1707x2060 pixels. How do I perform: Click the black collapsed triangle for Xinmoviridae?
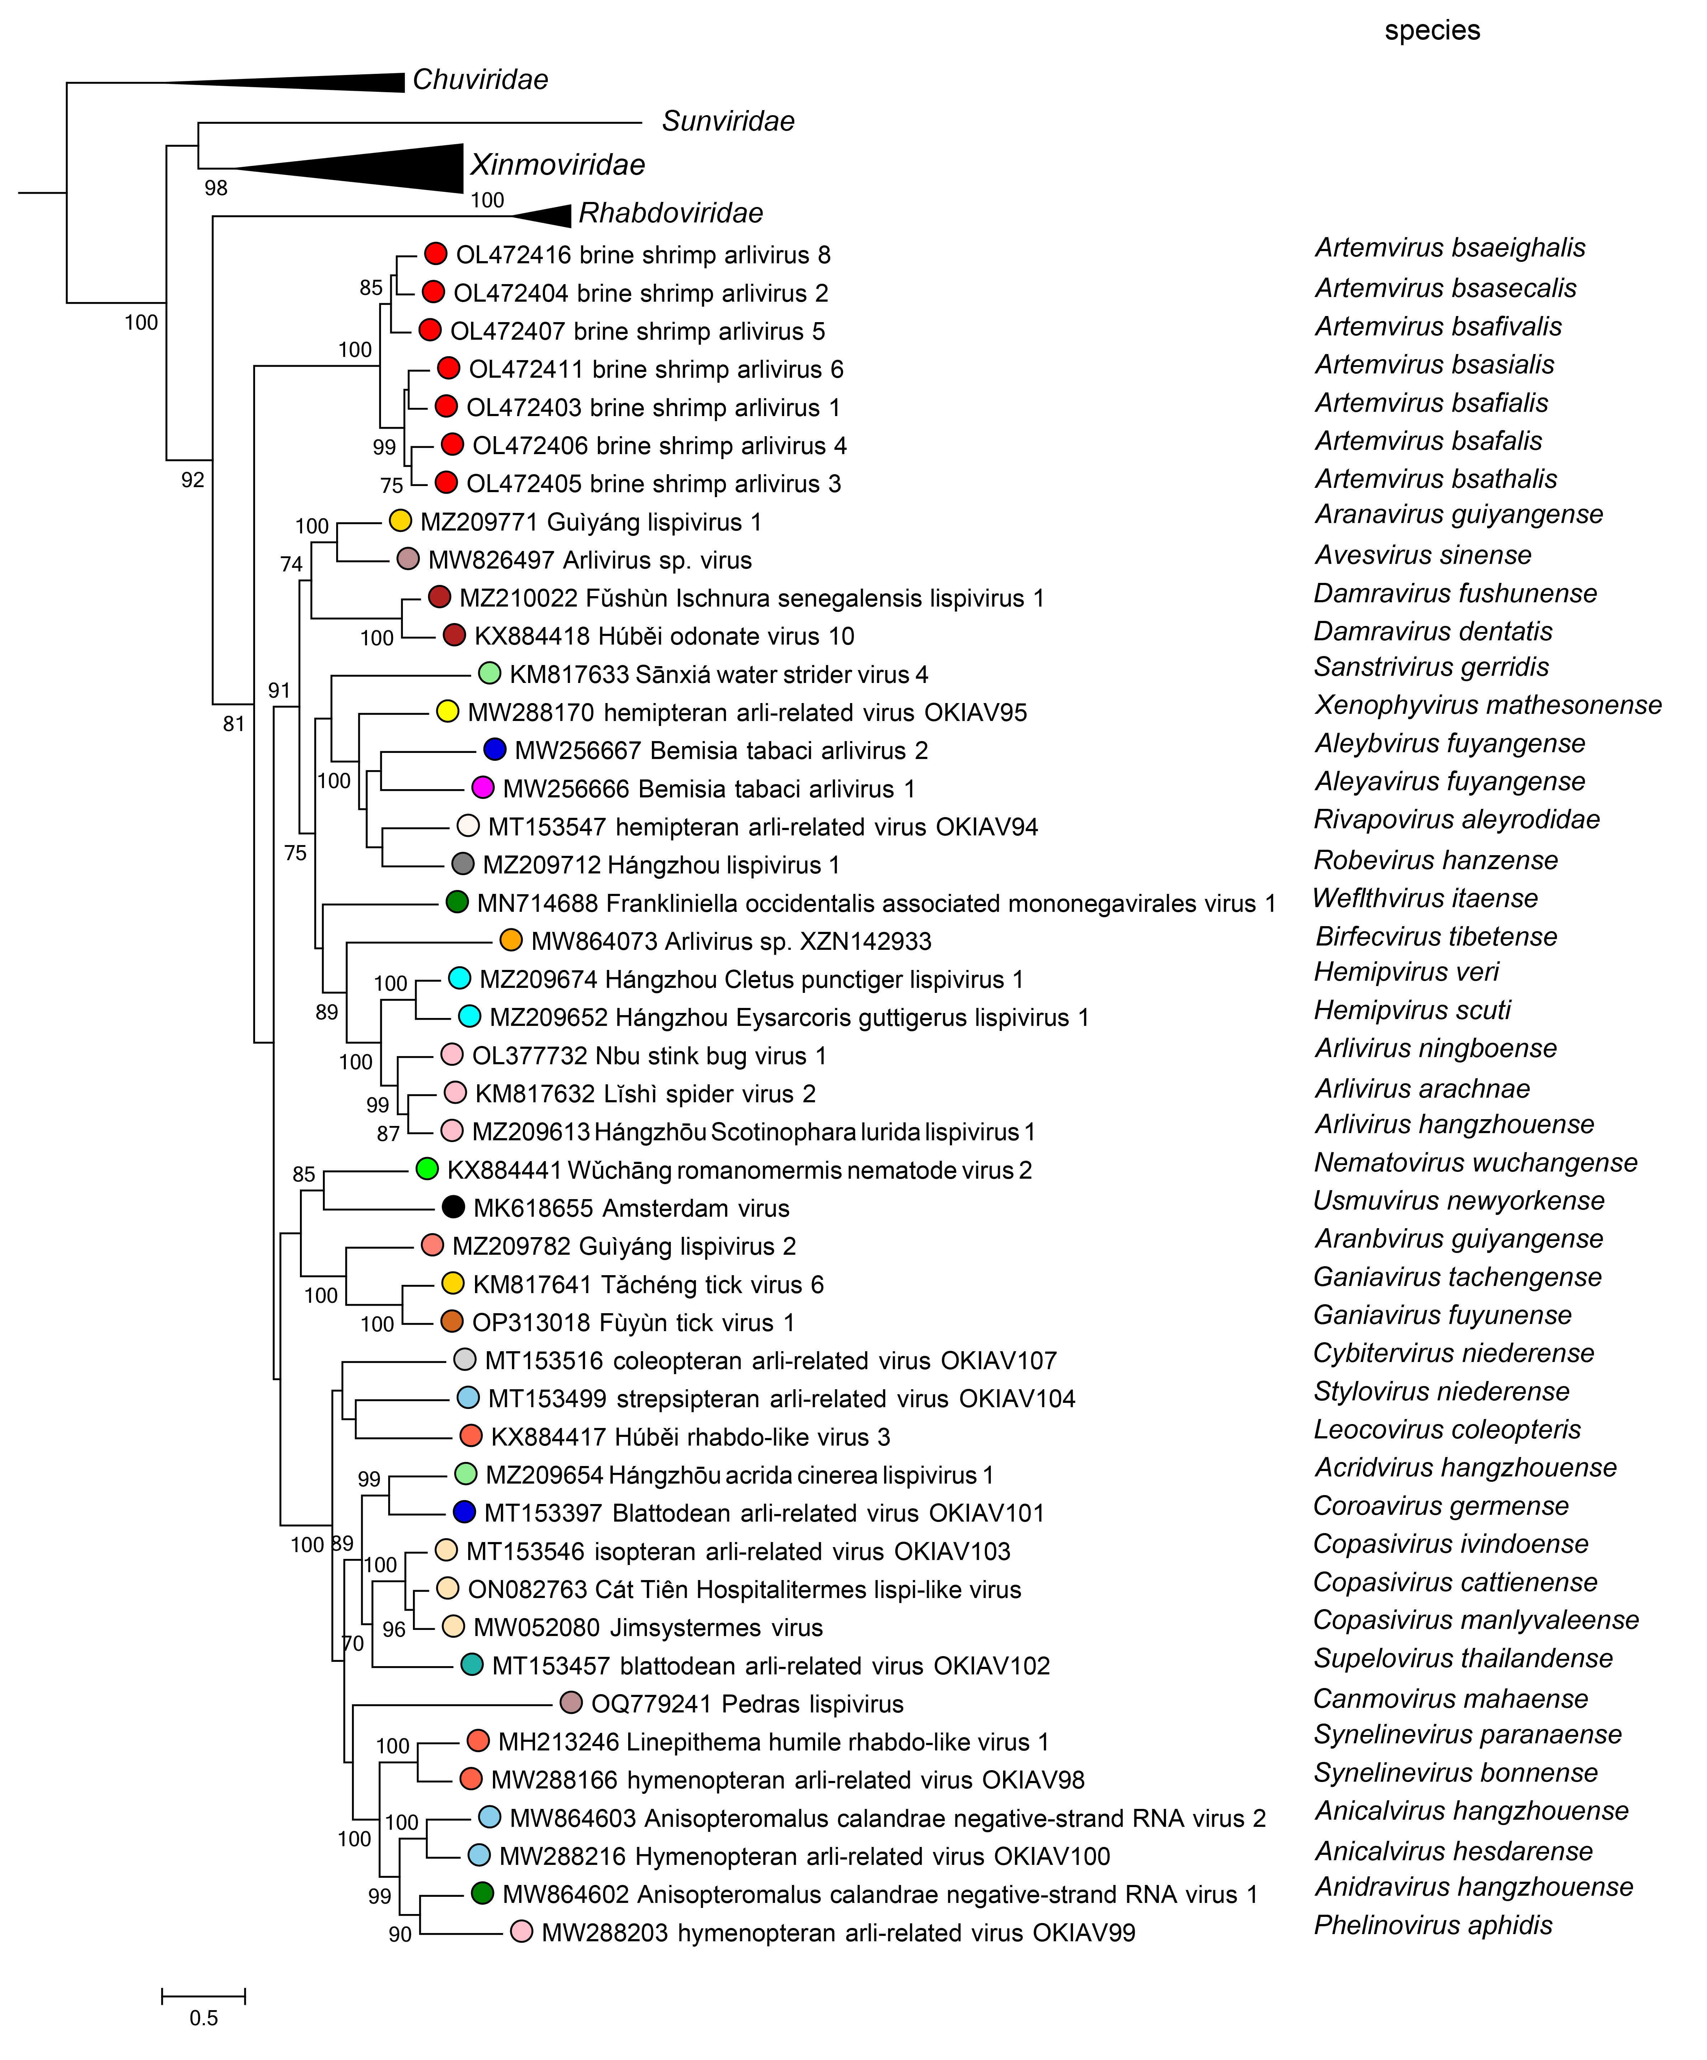coord(392,169)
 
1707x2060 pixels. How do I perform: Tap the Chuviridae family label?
coord(480,80)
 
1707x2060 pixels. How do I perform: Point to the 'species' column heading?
coord(1431,30)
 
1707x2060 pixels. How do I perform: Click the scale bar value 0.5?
coord(203,2018)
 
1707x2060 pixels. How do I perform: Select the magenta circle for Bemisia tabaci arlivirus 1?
coord(483,788)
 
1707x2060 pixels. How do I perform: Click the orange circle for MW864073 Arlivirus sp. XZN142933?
coord(510,940)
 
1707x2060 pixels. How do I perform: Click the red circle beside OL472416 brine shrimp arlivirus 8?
coord(436,254)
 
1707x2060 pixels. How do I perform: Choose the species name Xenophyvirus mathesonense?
coord(1487,705)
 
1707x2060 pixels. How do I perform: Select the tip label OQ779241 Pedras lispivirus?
coord(747,1704)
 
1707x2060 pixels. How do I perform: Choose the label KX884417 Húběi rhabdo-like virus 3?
coord(690,1437)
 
